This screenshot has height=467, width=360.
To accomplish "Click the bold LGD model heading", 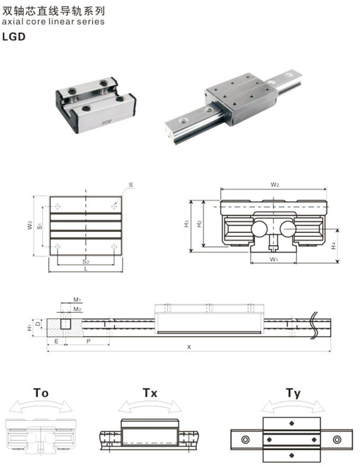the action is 14,37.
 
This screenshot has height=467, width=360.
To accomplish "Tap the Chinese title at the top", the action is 53,11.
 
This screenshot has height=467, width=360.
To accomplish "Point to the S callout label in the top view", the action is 131,185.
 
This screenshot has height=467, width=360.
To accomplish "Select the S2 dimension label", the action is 86,262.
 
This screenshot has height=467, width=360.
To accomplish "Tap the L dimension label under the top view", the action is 86,268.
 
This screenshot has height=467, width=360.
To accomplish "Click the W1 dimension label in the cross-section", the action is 274,259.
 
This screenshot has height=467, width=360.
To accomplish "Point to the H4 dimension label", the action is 334,246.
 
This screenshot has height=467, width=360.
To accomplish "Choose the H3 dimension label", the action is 186,223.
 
